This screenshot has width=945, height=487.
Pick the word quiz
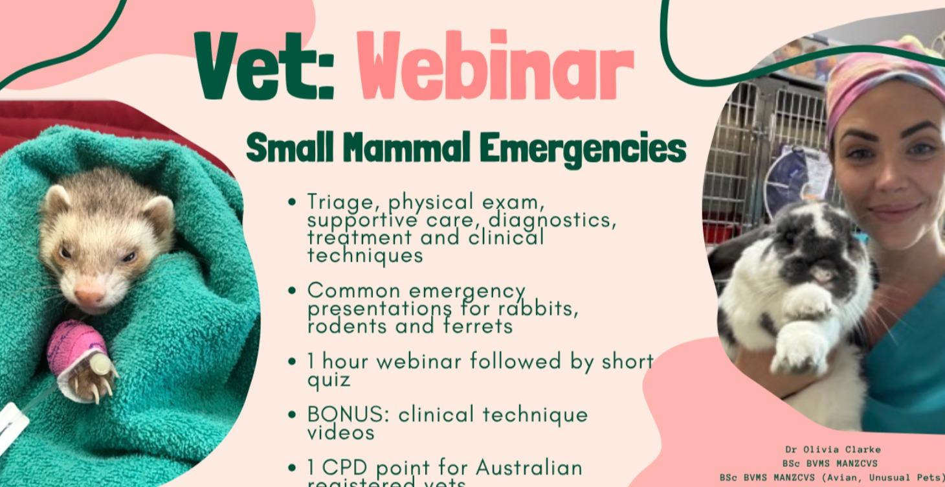pyautogui.click(x=328, y=379)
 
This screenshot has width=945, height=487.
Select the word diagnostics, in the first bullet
pyautogui.click(x=550, y=220)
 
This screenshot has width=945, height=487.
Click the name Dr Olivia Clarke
pyautogui.click(x=832, y=449)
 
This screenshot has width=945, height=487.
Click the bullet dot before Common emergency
pyautogui.click(x=293, y=290)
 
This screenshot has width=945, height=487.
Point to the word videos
pyautogui.click(x=340, y=432)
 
